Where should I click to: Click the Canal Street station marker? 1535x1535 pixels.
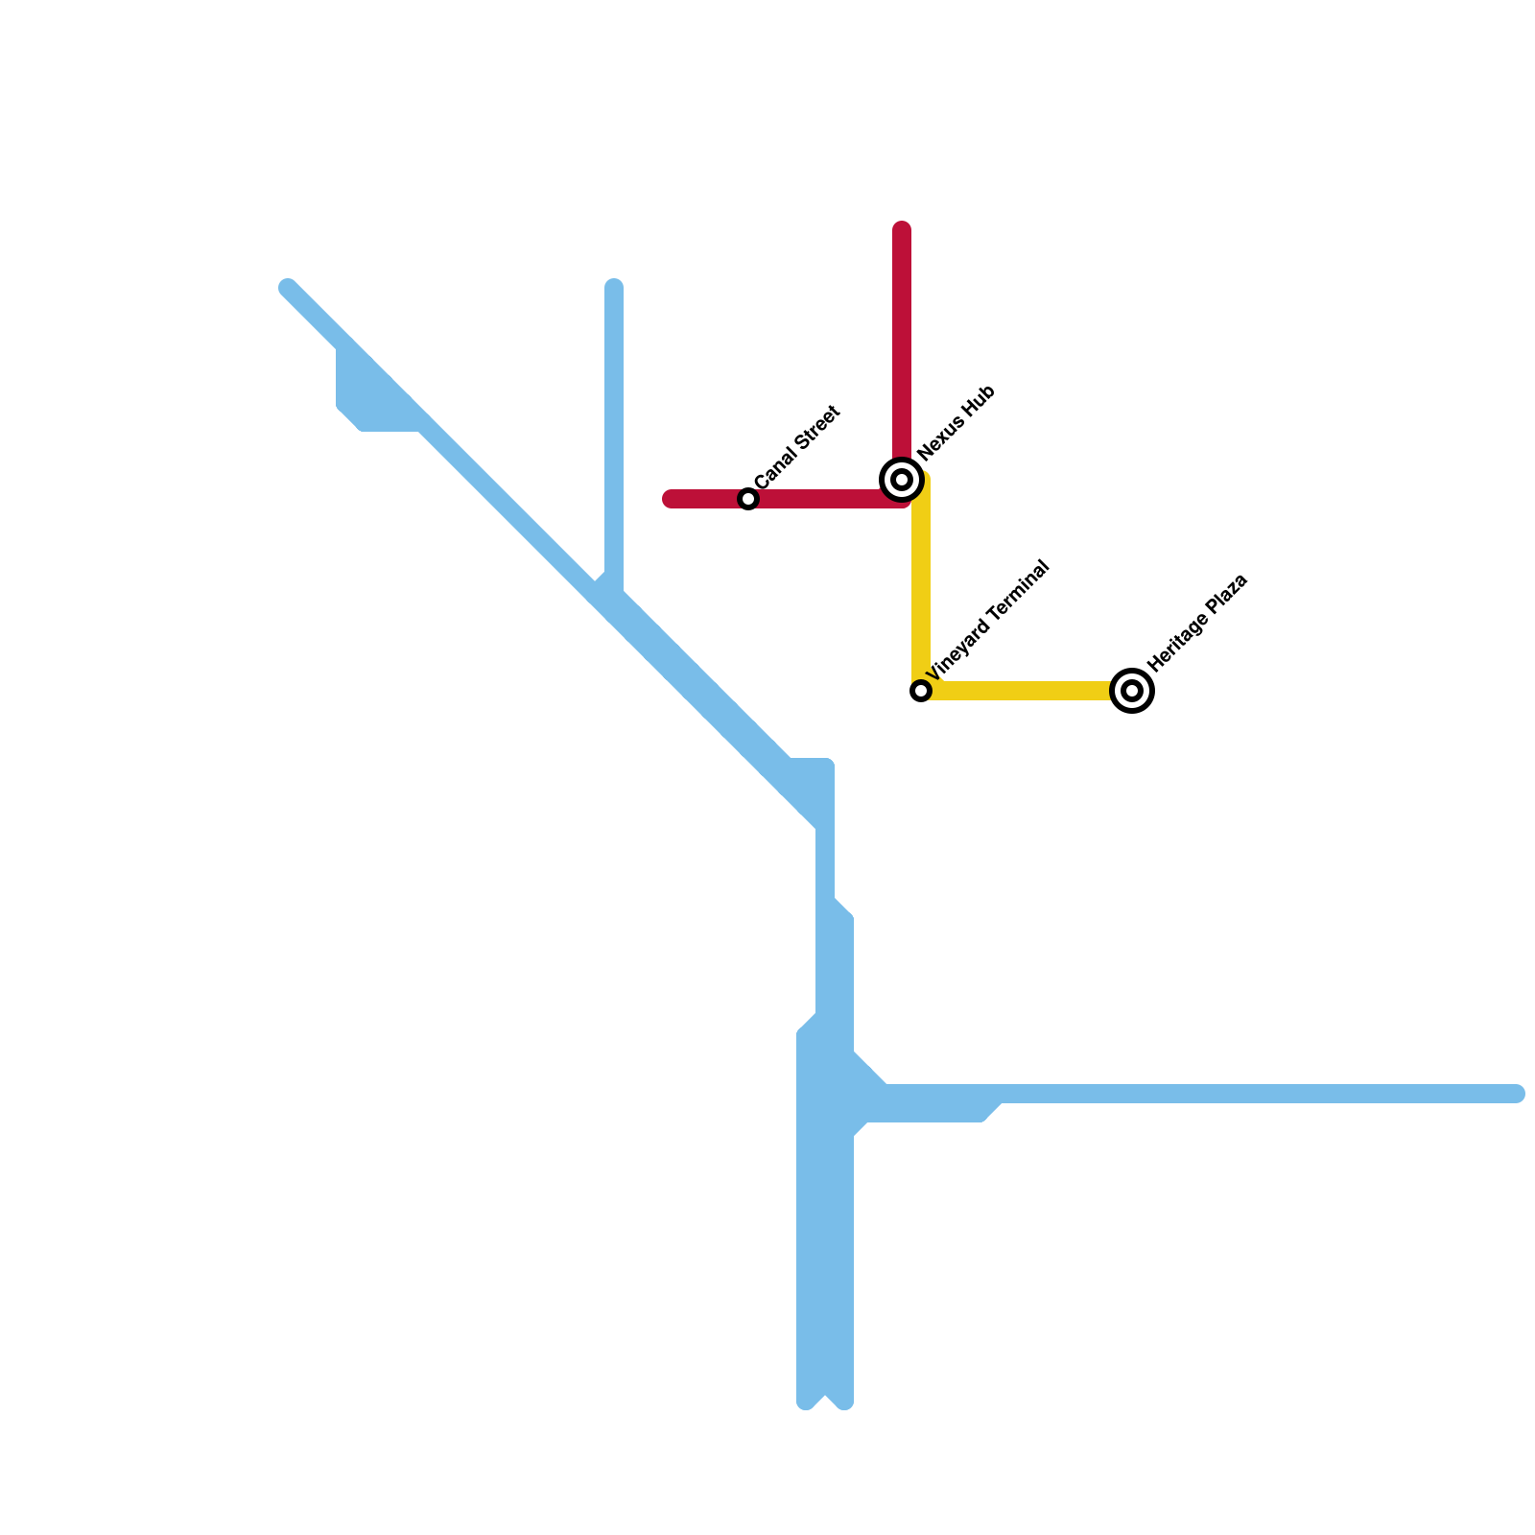(x=748, y=499)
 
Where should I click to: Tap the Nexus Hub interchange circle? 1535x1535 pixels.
(x=902, y=479)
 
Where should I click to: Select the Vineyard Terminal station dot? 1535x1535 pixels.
(x=921, y=691)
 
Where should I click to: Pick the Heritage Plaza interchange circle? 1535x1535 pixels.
(x=1132, y=691)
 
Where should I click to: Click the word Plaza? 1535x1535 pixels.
(x=1229, y=588)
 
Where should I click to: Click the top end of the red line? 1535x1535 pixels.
(x=902, y=229)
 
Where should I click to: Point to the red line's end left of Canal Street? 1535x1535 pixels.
(x=671, y=499)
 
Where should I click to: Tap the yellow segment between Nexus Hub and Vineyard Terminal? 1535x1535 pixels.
(x=921, y=585)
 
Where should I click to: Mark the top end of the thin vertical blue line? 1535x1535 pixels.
(x=614, y=286)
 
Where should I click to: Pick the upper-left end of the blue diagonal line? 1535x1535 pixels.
(x=288, y=288)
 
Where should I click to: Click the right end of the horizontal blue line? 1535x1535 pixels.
(x=1516, y=1094)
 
